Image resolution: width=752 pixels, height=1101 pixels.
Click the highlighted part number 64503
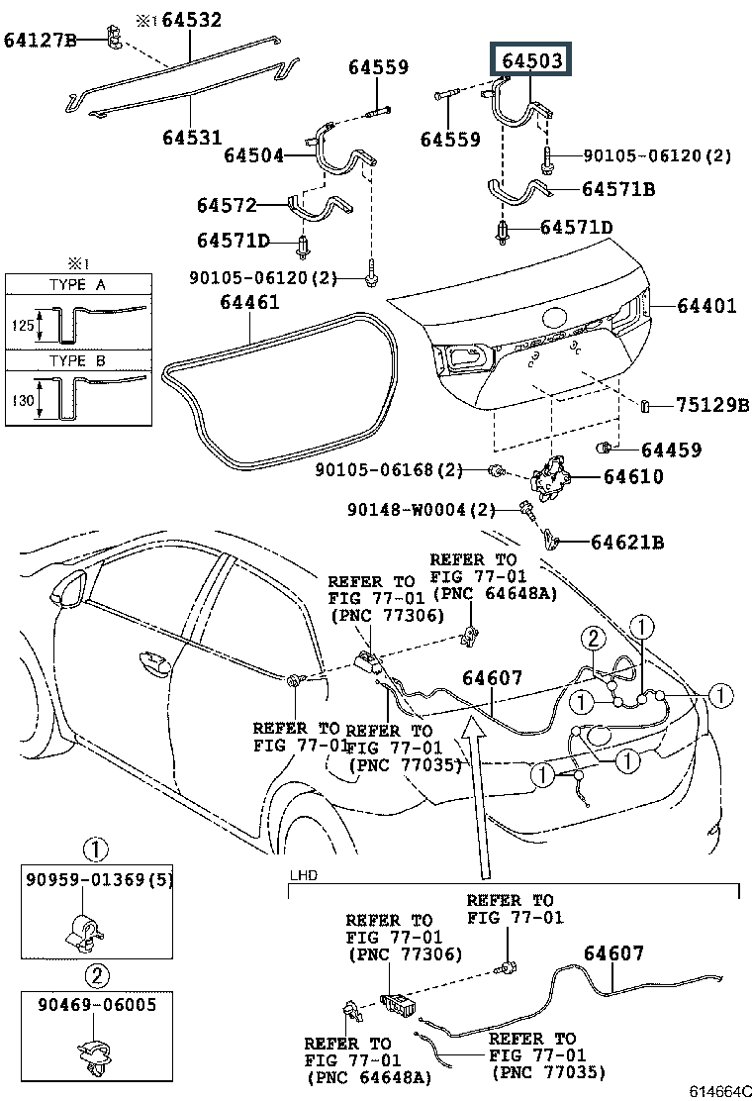click(x=531, y=60)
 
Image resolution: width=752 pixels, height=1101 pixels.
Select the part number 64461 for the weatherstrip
click(x=249, y=302)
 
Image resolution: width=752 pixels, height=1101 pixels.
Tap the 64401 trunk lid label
click(x=707, y=305)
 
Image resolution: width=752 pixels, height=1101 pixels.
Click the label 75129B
click(x=712, y=404)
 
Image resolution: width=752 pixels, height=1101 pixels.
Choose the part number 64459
click(x=671, y=450)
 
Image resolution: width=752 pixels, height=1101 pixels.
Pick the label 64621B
click(x=627, y=542)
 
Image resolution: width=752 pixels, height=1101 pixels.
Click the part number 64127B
click(x=40, y=40)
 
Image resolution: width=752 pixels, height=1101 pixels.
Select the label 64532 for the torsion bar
click(x=192, y=20)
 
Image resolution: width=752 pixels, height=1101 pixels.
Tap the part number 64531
click(x=192, y=137)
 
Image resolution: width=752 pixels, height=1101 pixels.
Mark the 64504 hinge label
click(x=254, y=155)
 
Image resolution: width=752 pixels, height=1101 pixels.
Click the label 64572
click(x=227, y=206)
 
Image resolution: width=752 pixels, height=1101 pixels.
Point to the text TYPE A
click(x=77, y=284)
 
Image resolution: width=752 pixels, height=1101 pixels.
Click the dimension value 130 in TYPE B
click(x=22, y=401)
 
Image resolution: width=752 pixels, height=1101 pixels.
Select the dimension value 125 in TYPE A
click(x=22, y=325)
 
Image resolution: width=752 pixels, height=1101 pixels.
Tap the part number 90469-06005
click(x=97, y=1005)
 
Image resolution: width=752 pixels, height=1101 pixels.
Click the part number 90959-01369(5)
click(x=98, y=879)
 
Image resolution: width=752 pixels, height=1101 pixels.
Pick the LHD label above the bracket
click(x=303, y=875)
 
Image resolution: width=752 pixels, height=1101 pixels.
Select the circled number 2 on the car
click(x=594, y=639)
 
